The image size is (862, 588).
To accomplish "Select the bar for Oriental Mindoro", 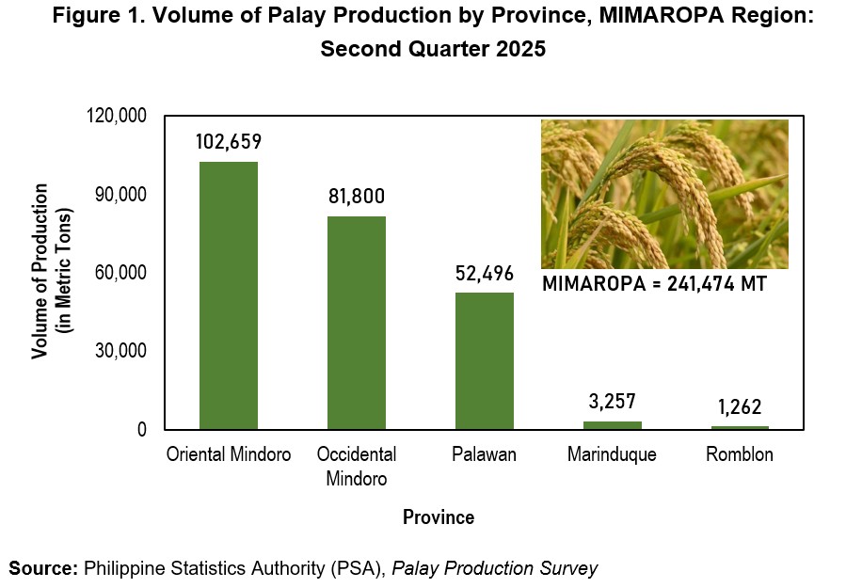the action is point(229,295).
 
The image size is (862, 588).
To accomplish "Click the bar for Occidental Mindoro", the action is point(357,323).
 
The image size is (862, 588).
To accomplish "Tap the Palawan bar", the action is point(485,361).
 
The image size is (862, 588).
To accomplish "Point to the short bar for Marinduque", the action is point(613,425).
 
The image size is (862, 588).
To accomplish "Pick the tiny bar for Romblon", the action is point(740,427).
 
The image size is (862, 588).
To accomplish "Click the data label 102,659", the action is point(229,142).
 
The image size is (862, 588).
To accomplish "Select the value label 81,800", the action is point(357,197).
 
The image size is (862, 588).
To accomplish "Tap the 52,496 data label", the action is point(485,273).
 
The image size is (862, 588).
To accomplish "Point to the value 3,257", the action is point(613,402).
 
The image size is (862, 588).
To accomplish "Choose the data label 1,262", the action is point(740,407).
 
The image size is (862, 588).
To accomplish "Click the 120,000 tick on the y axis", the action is point(117,116).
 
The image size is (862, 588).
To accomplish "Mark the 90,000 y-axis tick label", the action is point(121,194).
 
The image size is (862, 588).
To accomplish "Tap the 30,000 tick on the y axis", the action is point(121,351).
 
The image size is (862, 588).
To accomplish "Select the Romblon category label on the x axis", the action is point(740,454).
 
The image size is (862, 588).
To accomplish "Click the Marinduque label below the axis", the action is point(612,455).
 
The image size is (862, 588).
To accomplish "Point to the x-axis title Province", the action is point(439,517).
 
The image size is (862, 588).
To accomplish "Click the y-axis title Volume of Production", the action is point(40,272).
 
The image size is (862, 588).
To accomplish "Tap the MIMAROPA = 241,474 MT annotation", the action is point(654,283).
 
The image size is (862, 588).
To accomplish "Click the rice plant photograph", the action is point(664,194).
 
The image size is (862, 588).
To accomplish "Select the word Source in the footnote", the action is point(43,568).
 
